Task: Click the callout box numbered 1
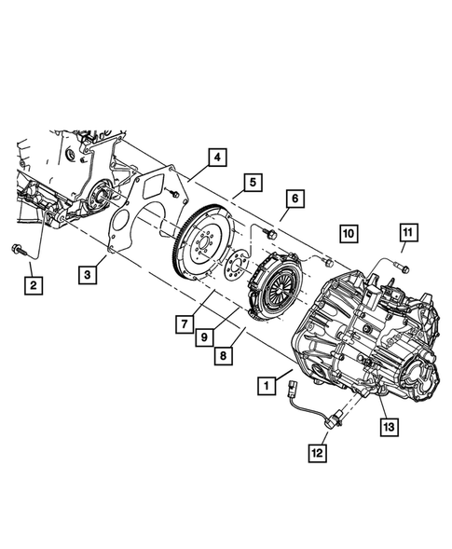267,383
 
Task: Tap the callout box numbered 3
87,275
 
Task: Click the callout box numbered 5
253,183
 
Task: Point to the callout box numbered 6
294,199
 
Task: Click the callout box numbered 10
348,232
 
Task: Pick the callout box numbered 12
317,453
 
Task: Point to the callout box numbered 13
388,427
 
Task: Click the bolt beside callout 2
21,250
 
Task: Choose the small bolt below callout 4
174,193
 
